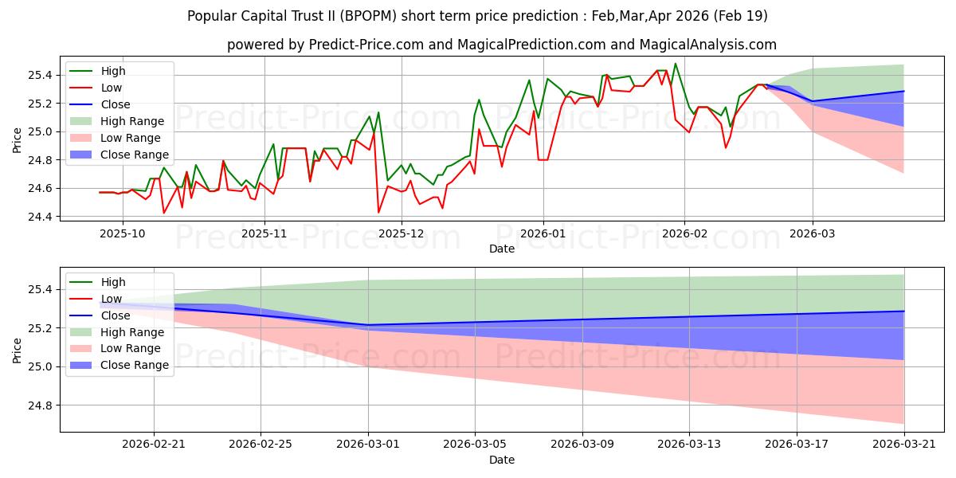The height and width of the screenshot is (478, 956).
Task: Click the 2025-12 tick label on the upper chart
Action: [x=402, y=234]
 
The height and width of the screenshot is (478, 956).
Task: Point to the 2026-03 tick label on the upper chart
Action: [x=812, y=234]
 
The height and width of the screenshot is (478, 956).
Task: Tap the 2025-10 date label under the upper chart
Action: [x=123, y=234]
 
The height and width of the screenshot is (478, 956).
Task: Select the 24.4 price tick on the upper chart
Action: [x=40, y=217]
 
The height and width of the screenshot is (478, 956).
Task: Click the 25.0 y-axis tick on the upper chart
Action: [x=40, y=132]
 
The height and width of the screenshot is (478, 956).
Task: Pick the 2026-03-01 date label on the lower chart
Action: [x=368, y=445]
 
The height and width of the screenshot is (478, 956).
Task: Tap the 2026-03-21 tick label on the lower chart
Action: [x=904, y=445]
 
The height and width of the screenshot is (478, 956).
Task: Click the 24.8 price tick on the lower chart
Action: [x=40, y=406]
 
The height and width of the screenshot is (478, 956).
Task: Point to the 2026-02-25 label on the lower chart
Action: [x=261, y=445]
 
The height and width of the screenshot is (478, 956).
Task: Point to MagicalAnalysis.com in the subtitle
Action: [x=707, y=45]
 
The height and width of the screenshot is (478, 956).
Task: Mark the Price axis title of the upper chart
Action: [x=17, y=140]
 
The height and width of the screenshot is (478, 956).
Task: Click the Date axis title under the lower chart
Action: [x=501, y=460]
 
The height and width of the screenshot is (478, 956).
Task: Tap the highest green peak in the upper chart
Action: [x=676, y=64]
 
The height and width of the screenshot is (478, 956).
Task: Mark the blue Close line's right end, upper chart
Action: [x=903, y=91]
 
